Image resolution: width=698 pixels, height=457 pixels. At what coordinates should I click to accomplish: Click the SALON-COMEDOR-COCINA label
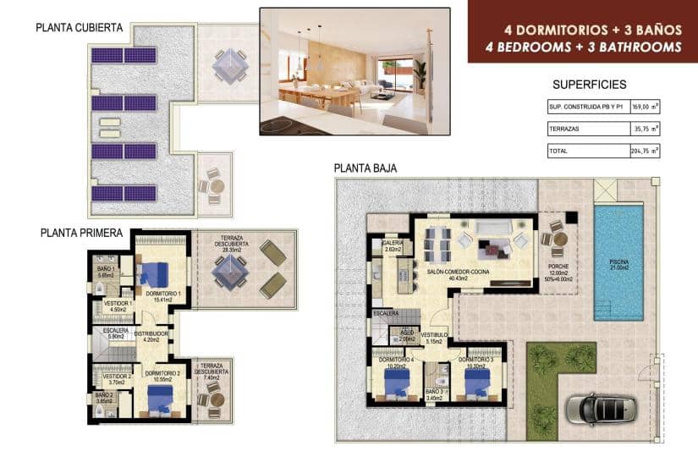458,273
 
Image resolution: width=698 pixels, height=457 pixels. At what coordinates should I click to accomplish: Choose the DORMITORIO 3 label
476,359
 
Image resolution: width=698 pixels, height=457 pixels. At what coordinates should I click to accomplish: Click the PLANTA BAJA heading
365,168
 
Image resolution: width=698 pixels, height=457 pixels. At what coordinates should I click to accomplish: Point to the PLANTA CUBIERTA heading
80,28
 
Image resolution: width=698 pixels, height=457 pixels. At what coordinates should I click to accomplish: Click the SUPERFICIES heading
589,85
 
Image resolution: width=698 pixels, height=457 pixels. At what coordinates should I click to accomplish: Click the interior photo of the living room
354,71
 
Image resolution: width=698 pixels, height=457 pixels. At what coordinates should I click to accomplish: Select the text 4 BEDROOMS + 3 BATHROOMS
583,47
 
